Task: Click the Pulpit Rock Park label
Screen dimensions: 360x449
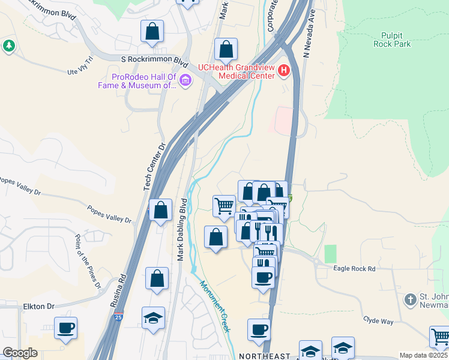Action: (396, 40)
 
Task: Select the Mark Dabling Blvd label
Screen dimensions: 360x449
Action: (180, 229)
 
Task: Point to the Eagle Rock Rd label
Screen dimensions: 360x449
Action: (354, 269)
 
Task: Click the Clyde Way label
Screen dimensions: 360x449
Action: (378, 320)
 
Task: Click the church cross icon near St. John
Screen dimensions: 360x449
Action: (410, 299)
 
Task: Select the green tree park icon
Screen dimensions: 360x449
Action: (8, 46)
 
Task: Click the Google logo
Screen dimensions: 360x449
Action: (20, 353)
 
